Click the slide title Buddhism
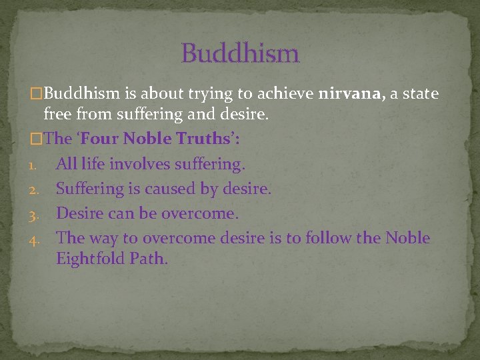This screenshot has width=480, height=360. tap(240, 53)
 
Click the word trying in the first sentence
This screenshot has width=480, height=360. tap(217, 93)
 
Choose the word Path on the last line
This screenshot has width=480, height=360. tap(150, 259)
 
